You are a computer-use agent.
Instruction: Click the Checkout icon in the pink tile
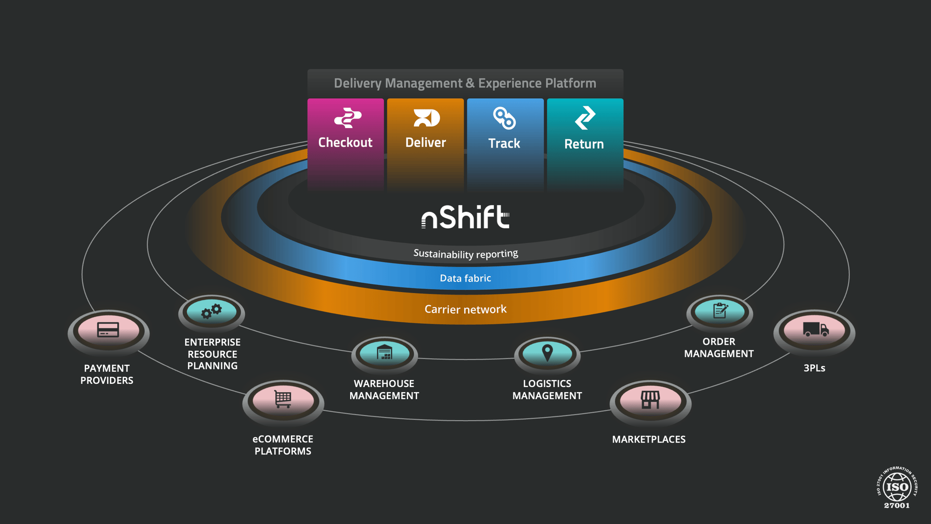point(347,118)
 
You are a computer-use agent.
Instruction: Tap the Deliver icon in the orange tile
point(426,118)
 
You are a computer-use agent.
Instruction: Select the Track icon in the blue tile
point(505,118)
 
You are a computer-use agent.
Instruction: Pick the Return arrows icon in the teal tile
point(585,117)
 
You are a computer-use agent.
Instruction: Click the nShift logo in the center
point(465,217)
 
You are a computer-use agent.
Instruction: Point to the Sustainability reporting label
point(465,254)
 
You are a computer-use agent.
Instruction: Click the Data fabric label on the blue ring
point(465,278)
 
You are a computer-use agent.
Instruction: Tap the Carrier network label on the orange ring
point(465,309)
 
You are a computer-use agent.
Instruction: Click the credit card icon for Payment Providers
point(108,330)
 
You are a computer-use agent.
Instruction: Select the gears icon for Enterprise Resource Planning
point(211,311)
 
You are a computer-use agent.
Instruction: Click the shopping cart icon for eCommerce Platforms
point(283,399)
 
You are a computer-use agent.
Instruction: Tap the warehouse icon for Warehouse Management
point(385,353)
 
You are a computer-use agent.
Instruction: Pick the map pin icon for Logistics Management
point(547,353)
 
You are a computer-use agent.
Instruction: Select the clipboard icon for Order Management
point(720,310)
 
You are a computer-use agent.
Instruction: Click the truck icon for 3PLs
point(815,329)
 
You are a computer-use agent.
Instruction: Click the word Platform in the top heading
point(571,83)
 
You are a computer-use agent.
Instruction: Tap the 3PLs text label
point(815,368)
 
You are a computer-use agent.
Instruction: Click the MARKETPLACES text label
point(648,439)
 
